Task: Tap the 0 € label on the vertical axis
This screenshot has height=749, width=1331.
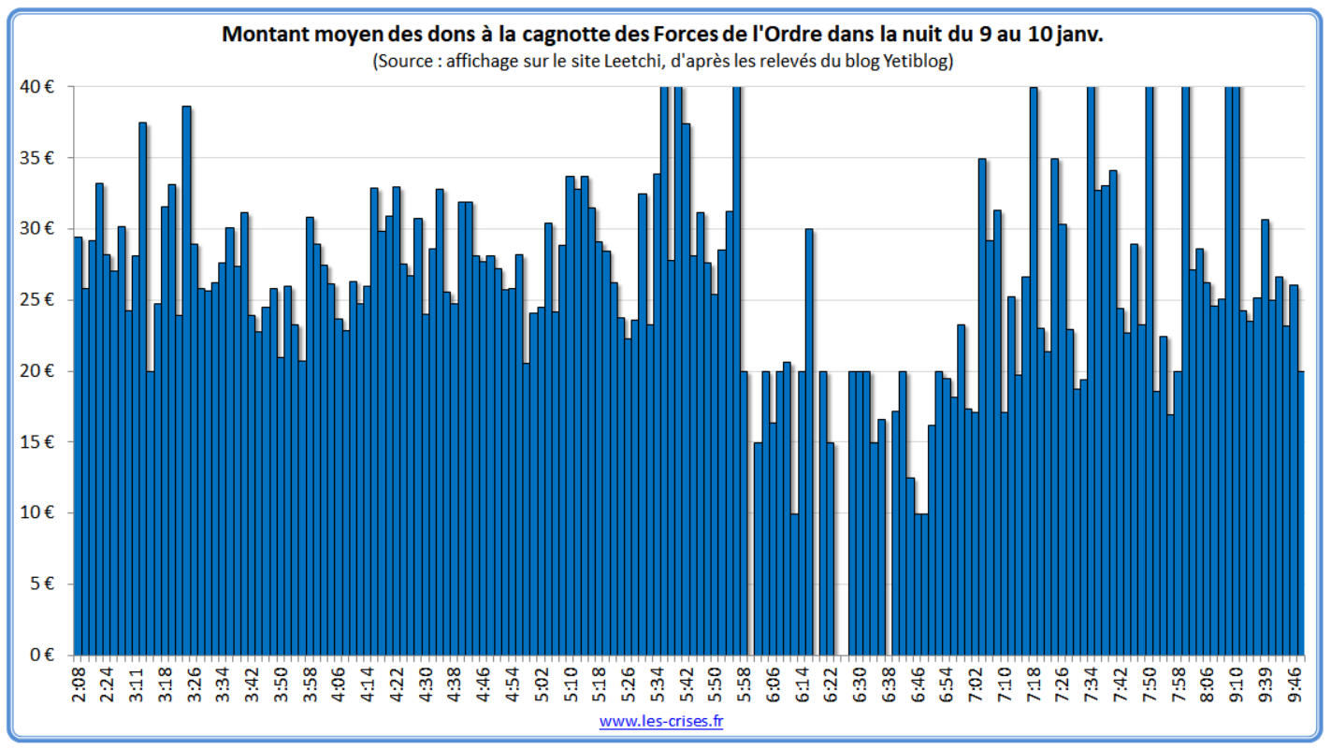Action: click(41, 655)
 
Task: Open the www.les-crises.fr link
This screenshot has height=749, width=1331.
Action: click(661, 721)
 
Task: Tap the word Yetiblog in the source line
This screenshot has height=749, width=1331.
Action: click(917, 62)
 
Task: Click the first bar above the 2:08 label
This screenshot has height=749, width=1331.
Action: click(78, 449)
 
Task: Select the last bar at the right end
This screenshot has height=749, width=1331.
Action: click(1300, 514)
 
